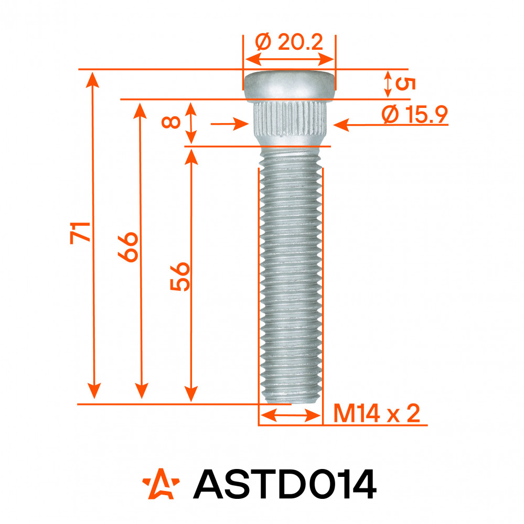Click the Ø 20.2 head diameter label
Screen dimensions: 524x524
[289, 42]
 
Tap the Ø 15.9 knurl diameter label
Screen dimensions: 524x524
[414, 114]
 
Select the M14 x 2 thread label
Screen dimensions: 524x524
[377, 414]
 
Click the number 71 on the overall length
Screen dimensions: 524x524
[80, 233]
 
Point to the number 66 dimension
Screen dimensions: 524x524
[128, 247]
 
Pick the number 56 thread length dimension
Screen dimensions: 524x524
[180, 277]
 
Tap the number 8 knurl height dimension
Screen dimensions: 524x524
[171, 122]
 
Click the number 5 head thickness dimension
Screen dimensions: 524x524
[405, 84]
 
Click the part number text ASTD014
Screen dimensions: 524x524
[285, 484]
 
